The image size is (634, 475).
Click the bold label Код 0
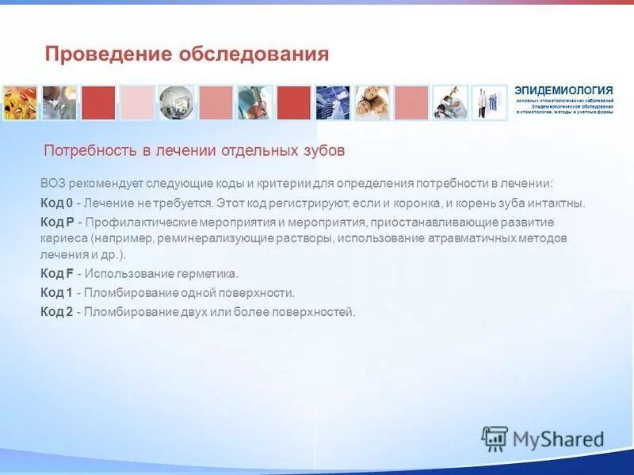click(x=56, y=203)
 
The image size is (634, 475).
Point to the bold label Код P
click(x=57, y=222)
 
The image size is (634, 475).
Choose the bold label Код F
click(x=56, y=274)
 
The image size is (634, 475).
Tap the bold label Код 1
click(x=56, y=293)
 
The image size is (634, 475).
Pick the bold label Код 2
click(x=56, y=312)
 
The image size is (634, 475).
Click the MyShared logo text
click(x=558, y=439)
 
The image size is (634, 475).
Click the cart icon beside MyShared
click(x=495, y=438)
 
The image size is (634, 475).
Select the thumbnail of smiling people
click(x=372, y=103)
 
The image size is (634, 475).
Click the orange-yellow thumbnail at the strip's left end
click(x=20, y=103)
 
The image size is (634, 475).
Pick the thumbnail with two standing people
click(x=490, y=103)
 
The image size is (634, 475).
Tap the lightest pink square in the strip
click(x=137, y=103)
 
